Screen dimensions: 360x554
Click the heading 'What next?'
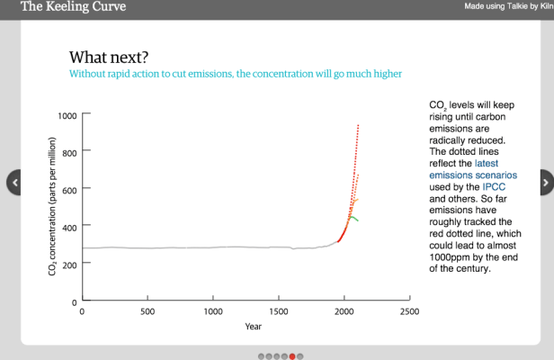pos(109,57)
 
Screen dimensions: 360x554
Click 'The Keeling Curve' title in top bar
pos(73,7)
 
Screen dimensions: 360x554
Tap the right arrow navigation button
pos(545,183)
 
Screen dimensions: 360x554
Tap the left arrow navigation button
pos(13,183)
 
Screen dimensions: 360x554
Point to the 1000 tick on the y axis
pos(67,115)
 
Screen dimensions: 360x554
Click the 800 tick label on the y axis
pos(69,152)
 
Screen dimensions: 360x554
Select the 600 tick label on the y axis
pos(69,189)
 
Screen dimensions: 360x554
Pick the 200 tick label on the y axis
pos(69,263)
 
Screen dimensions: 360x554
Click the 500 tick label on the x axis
pos(147,312)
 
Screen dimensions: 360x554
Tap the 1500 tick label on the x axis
pos(279,312)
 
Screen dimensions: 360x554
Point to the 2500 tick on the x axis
pos(410,312)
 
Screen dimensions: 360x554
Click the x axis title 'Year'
pos(254,327)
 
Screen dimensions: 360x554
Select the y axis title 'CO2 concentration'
pos(53,207)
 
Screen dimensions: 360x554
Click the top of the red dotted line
pos(359,125)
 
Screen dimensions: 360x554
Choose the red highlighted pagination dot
pos(292,356)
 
